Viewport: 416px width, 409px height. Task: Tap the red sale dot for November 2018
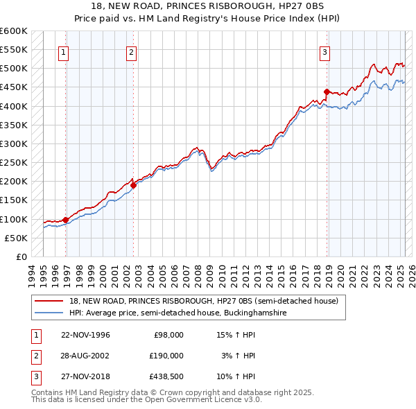[x=326, y=91]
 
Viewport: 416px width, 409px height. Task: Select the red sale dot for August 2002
[x=134, y=185]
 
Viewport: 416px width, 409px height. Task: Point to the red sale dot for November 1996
[x=65, y=220]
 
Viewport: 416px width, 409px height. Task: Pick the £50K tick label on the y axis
[x=16, y=238]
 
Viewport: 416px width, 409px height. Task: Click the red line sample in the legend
[x=49, y=301]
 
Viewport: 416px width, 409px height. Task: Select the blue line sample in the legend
[x=49, y=313]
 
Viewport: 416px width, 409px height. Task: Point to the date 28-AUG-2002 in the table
[x=85, y=356]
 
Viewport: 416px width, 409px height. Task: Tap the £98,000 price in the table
[x=168, y=334]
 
